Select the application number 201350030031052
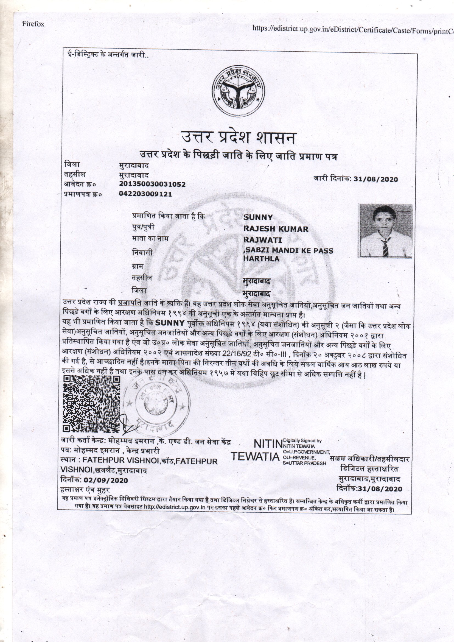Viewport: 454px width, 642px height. [x=152, y=184]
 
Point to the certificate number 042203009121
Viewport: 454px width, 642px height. [x=145, y=194]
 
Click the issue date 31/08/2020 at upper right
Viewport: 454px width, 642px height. [x=376, y=179]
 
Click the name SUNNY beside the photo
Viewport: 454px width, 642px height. [x=258, y=217]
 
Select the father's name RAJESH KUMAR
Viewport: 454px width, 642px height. [x=276, y=229]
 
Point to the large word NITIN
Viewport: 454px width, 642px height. [x=268, y=444]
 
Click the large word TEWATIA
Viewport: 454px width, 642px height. [x=256, y=457]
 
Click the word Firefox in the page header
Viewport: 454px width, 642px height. [x=33, y=24]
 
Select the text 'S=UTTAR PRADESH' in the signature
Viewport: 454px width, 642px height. [x=305, y=463]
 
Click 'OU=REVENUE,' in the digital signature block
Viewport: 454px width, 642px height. [x=299, y=458]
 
